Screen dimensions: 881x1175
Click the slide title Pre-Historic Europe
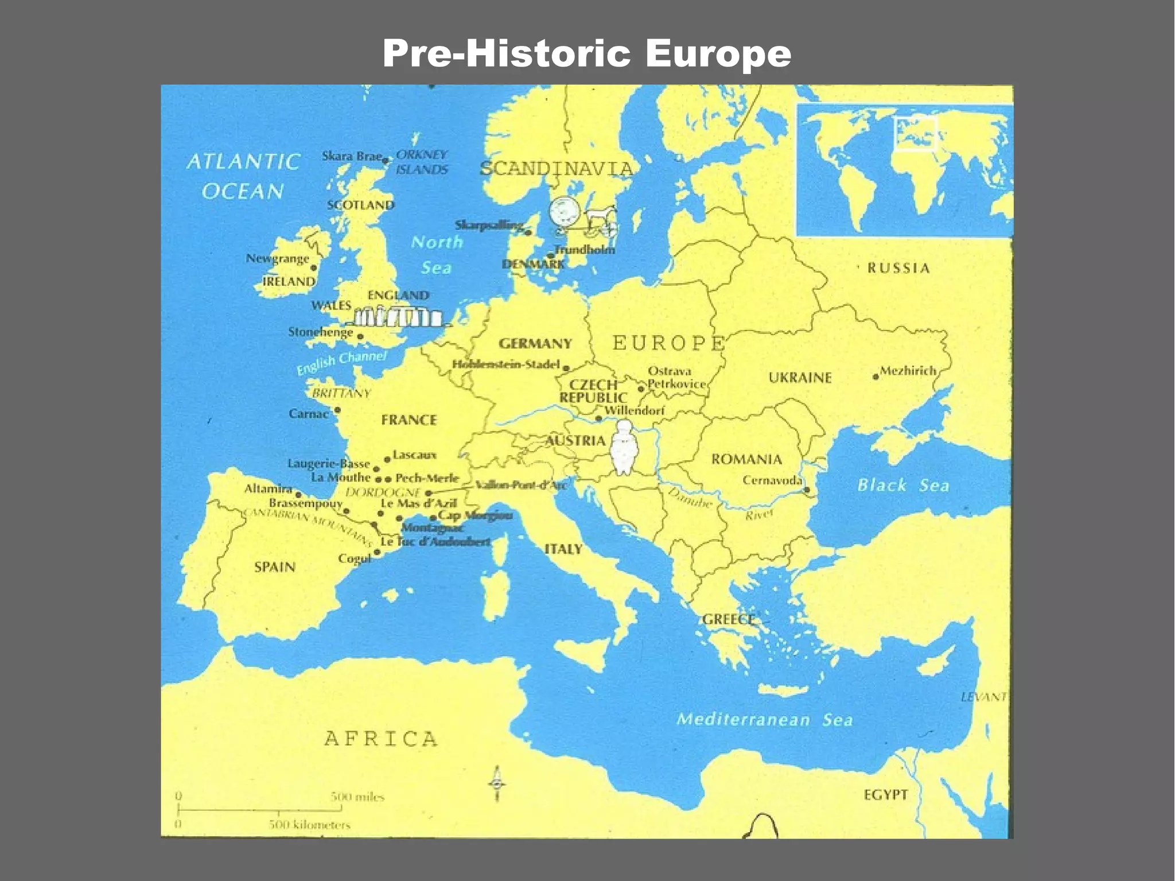[586, 53]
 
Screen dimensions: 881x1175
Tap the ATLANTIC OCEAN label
[243, 176]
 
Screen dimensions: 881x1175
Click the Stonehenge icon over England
[398, 317]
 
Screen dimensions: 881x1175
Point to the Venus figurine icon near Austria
[623, 448]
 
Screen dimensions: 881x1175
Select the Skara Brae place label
[351, 156]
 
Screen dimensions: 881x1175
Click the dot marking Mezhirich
[876, 377]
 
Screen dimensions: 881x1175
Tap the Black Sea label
[903, 486]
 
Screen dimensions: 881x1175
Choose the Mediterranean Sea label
[764, 719]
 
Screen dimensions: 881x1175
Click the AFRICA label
[381, 738]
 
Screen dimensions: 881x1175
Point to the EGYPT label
[886, 795]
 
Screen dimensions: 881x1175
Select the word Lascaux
[415, 455]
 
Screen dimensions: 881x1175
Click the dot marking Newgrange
[314, 267]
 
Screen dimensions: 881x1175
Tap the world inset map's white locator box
[915, 134]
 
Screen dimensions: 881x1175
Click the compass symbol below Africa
[497, 784]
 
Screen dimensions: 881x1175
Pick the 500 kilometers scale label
[310, 825]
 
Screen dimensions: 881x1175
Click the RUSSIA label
[898, 268]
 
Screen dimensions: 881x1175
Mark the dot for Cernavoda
[807, 490]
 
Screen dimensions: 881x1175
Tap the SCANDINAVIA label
[556, 169]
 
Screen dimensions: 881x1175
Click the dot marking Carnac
[337, 410]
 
